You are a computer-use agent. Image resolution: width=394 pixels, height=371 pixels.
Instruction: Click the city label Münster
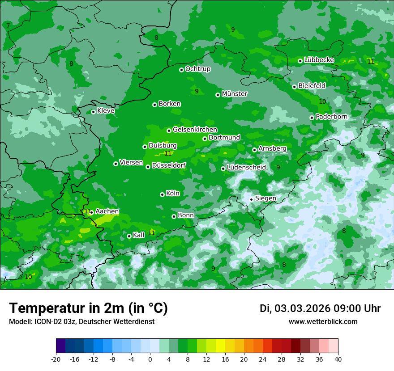pyautogui.click(x=235, y=94)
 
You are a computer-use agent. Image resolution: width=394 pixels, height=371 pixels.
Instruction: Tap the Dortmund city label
pyautogui.click(x=224, y=138)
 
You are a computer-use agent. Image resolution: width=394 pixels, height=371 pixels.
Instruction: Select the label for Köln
pyautogui.click(x=173, y=194)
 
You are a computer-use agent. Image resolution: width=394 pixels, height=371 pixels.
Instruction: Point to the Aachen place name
pyautogui.click(x=107, y=211)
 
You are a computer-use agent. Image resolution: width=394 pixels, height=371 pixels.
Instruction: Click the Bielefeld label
pyautogui.click(x=312, y=85)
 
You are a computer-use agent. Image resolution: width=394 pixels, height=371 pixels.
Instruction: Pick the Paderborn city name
pyautogui.click(x=331, y=117)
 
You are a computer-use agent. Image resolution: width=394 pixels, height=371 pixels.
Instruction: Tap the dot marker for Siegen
pyautogui.click(x=252, y=199)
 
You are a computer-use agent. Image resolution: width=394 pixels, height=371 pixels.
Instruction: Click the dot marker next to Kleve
pyautogui.click(x=93, y=112)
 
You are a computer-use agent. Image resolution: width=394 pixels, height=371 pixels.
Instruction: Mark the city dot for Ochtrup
pyautogui.click(x=181, y=70)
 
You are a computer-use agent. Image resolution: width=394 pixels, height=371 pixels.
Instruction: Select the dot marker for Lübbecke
pyautogui.click(x=300, y=61)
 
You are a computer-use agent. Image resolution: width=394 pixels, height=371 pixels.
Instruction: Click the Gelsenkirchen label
pyautogui.click(x=195, y=130)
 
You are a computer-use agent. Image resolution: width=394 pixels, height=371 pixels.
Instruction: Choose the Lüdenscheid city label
pyautogui.click(x=246, y=168)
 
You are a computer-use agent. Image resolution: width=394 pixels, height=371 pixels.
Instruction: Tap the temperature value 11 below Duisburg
pyautogui.click(x=168, y=153)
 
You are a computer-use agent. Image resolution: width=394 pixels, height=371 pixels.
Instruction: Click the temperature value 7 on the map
pyautogui.click(x=8, y=25)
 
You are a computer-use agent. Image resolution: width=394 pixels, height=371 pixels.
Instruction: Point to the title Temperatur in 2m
pyautogui.click(x=88, y=308)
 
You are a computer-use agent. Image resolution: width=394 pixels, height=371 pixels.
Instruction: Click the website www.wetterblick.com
pyautogui.click(x=323, y=322)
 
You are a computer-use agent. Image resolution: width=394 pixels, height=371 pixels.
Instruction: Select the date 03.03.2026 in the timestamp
pyautogui.click(x=302, y=308)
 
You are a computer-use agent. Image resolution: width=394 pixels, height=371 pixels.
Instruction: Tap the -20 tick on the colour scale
pyautogui.click(x=56, y=359)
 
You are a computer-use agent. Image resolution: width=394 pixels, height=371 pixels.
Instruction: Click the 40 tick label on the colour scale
pyautogui.click(x=338, y=359)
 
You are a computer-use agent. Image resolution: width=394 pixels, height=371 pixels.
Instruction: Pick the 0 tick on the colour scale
pyautogui.click(x=150, y=359)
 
